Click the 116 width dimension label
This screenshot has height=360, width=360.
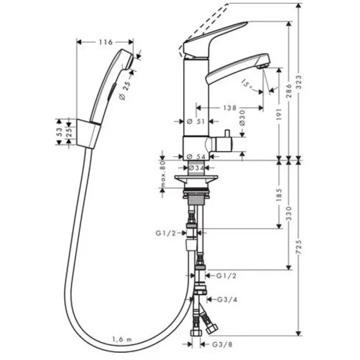[105, 42]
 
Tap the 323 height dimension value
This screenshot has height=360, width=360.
[299, 82]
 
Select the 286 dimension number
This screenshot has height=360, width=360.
[289, 91]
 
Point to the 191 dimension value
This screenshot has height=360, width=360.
[279, 114]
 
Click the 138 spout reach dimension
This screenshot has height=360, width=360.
[229, 107]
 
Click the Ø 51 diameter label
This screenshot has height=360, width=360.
[195, 121]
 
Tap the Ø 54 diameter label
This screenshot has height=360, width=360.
[196, 156]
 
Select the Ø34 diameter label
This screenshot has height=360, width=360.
[196, 168]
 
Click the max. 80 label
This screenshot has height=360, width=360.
[163, 174]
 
